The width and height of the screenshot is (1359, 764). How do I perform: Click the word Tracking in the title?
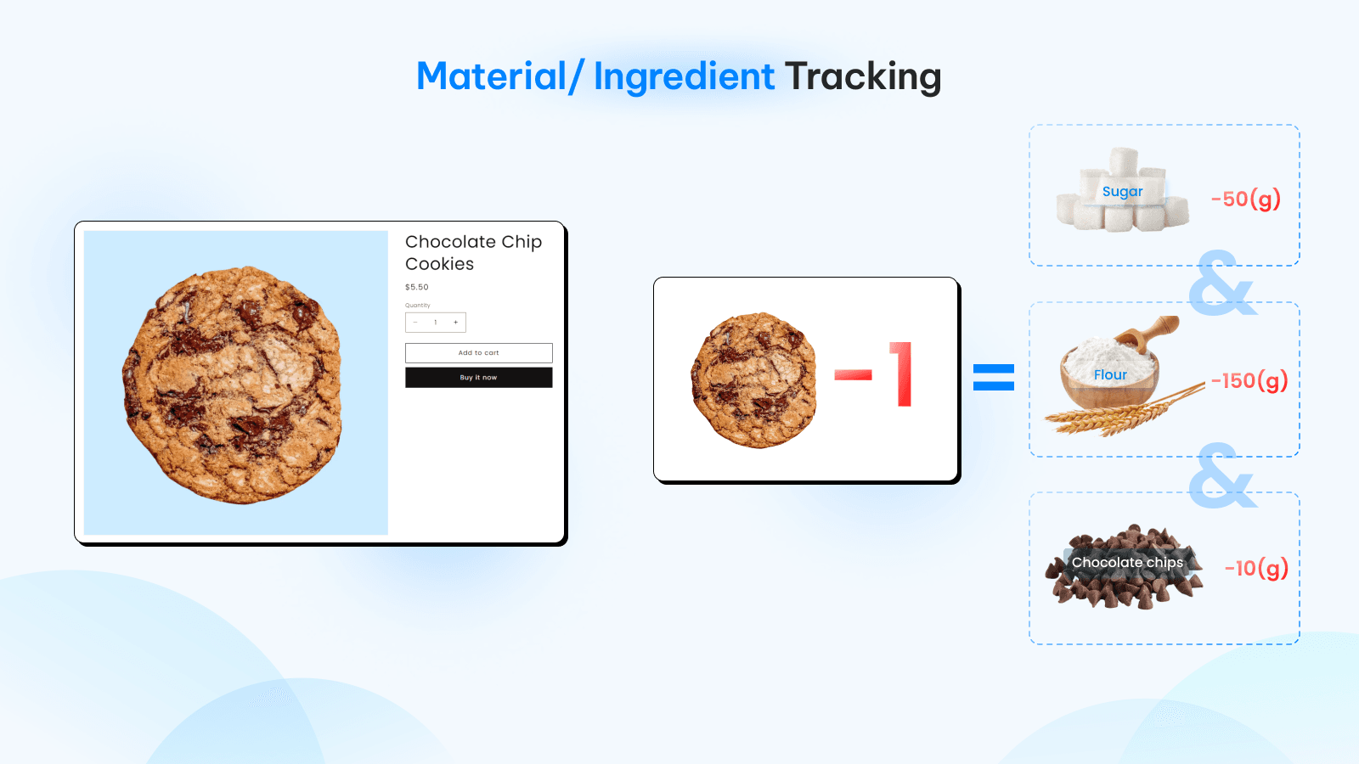point(863,77)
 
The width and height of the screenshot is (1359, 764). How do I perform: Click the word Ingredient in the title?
point(684,77)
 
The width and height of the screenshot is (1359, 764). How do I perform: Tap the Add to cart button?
point(479,353)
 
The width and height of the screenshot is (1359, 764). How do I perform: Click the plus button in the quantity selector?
point(455,323)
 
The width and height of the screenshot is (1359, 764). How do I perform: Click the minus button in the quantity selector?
point(415,323)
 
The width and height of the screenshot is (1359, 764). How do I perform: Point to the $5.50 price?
point(417,287)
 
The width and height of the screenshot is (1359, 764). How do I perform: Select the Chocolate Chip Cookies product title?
point(473,252)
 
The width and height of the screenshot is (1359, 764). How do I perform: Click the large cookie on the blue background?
point(233,385)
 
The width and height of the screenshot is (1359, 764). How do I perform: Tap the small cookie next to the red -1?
point(753,380)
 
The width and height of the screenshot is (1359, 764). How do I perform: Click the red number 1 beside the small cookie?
point(901,374)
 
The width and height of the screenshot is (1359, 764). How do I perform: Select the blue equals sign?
point(993,377)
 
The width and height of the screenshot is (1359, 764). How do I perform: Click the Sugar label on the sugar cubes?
point(1122,192)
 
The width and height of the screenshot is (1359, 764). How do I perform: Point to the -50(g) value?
point(1245,199)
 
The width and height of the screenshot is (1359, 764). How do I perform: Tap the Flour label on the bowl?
point(1110,374)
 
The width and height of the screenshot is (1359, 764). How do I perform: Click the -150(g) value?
point(1249,381)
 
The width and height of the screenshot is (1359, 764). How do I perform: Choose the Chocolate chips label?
point(1127,563)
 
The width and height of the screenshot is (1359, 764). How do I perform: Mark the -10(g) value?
point(1256,568)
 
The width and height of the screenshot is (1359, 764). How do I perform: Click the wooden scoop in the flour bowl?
point(1148,334)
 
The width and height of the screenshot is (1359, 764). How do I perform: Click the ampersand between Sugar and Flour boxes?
point(1222,284)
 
